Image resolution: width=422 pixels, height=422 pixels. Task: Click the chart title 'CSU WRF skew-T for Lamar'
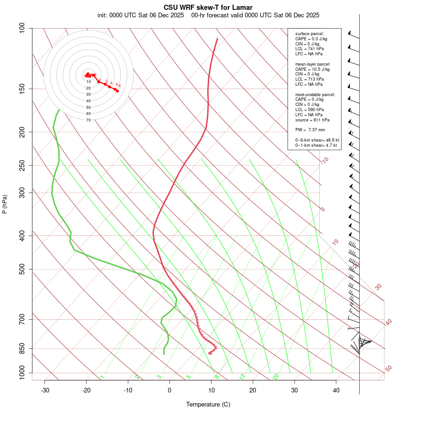click(x=208, y=8)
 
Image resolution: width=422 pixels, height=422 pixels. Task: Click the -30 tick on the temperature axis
click(x=45, y=390)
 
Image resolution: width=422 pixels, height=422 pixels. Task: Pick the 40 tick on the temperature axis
click(x=336, y=390)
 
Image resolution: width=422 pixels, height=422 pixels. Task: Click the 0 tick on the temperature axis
click(x=170, y=390)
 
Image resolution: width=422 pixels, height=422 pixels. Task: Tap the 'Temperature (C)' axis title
click(x=208, y=404)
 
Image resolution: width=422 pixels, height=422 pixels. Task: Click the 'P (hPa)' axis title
click(x=5, y=204)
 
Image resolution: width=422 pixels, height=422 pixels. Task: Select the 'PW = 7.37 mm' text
click(x=310, y=129)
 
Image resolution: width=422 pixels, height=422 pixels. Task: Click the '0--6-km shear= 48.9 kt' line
click(x=317, y=140)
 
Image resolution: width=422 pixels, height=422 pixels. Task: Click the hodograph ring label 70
click(x=89, y=120)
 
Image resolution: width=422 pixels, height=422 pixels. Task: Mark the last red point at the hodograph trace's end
click(x=117, y=90)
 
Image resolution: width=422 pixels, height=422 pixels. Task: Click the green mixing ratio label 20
click(x=276, y=376)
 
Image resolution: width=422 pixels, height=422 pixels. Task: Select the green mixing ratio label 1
click(x=102, y=377)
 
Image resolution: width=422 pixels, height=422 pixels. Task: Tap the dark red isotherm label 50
click(x=388, y=369)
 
